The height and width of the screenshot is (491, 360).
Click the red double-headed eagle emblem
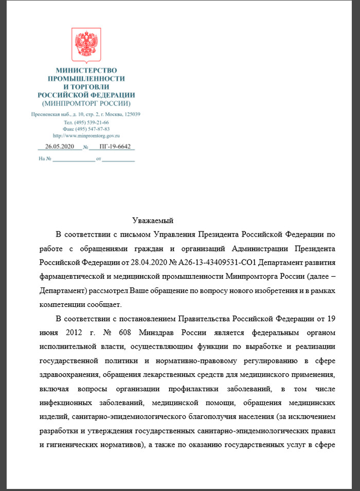[x=86, y=45]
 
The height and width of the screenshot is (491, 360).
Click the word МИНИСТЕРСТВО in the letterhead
[x=86, y=69]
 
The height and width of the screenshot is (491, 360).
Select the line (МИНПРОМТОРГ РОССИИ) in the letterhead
[x=86, y=103]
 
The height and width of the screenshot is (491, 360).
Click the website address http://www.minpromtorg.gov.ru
[x=86, y=136]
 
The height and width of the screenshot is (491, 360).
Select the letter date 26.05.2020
[x=60, y=147]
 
